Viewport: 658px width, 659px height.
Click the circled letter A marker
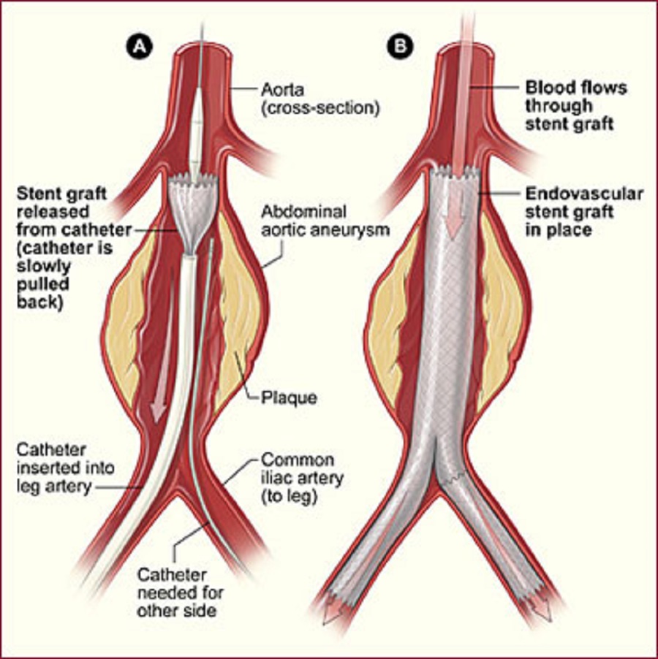pos(140,46)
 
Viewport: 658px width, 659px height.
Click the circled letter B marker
pos(400,46)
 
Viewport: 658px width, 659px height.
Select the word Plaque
pos(289,397)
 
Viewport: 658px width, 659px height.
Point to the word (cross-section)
pos(320,108)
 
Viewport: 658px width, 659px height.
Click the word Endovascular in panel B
pos(584,194)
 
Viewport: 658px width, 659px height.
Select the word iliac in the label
pos(276,478)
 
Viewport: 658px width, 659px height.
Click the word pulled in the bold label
pos(43,284)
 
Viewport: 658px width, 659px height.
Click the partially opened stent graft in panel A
pos(193,214)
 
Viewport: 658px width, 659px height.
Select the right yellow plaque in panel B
pos(499,313)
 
